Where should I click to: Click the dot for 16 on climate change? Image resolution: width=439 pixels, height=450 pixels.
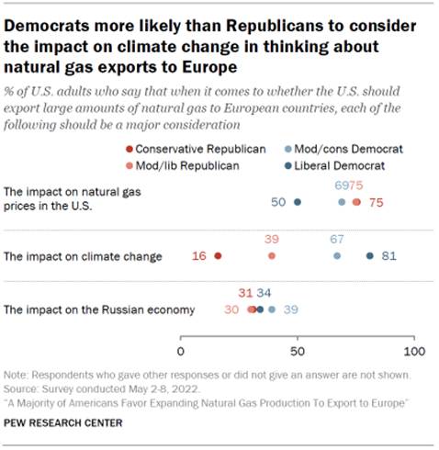pos(218,256)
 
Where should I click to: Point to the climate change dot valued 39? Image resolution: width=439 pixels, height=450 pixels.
pos(271,256)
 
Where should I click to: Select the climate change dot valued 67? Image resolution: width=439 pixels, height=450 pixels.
pos(337,256)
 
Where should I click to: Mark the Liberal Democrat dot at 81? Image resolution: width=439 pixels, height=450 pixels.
pos(369,256)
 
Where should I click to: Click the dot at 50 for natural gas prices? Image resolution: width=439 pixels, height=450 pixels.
pos(297,202)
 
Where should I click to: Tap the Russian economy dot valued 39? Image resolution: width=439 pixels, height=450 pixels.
pos(272,310)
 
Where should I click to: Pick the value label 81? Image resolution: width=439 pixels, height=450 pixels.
pos(388,256)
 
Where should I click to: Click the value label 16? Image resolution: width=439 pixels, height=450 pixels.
pos(199,256)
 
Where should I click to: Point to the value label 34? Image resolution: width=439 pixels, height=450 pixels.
pos(264,293)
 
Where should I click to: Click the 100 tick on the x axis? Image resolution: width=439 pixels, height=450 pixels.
pos(414,352)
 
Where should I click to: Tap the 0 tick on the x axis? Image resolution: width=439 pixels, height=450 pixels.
pos(181,352)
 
